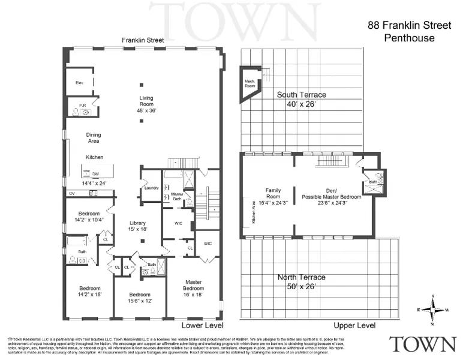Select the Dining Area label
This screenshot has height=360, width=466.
pyautogui.click(x=94, y=137)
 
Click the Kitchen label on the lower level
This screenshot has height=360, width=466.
pyautogui.click(x=95, y=157)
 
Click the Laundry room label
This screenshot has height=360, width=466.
pyautogui.click(x=151, y=188)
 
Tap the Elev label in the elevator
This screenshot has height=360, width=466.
pyautogui.click(x=79, y=82)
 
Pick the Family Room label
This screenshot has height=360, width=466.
pyautogui.click(x=273, y=193)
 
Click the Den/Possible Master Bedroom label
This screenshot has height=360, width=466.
pyautogui.click(x=331, y=193)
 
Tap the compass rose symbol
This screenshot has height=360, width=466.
pyautogui.click(x=433, y=309)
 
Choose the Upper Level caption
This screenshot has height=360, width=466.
pyautogui.click(x=354, y=325)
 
